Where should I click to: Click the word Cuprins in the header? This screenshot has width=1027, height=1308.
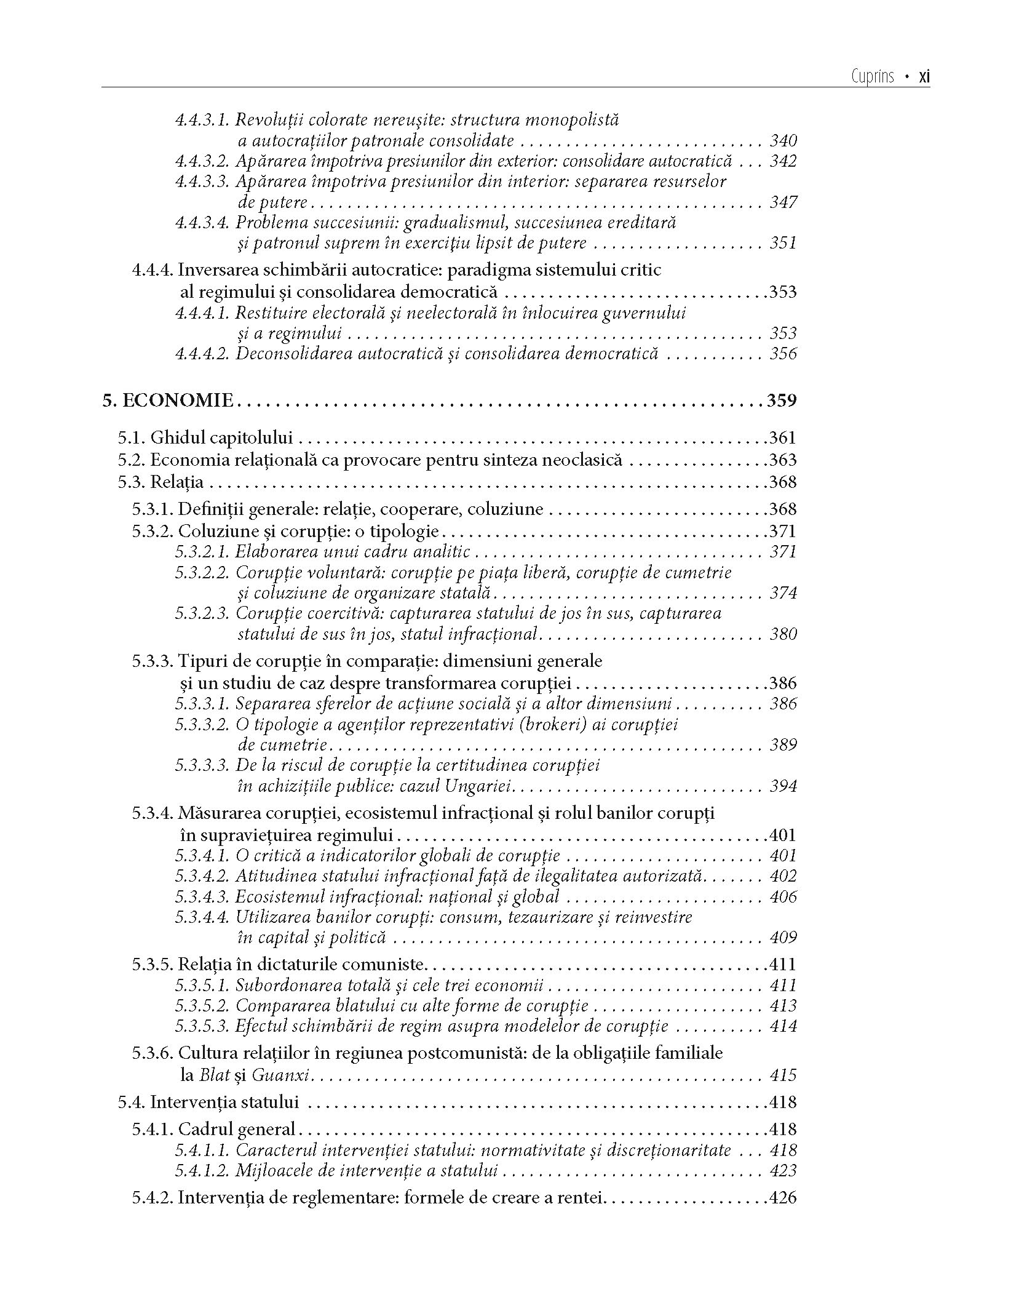(x=873, y=77)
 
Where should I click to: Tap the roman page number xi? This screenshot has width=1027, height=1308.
(x=924, y=77)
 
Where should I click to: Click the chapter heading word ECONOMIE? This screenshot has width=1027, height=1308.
(x=178, y=401)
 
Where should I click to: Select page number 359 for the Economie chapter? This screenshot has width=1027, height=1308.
(x=781, y=401)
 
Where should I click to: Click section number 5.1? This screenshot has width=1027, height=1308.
(x=132, y=438)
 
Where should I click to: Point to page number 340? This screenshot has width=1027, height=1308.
(x=783, y=141)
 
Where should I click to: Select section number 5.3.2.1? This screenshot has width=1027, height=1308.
(x=202, y=552)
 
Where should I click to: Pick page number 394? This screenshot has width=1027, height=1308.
(x=783, y=786)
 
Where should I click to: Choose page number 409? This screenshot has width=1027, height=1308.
(x=783, y=938)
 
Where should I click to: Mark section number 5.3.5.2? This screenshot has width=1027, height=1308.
(x=202, y=1006)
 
